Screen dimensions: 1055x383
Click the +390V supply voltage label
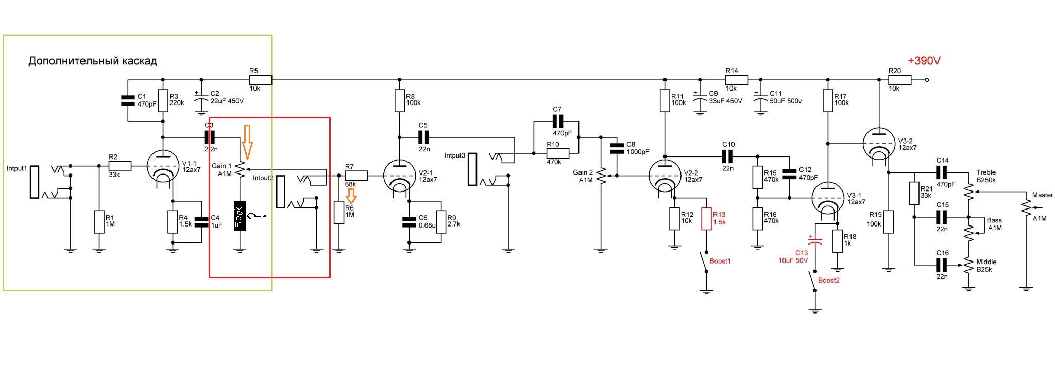(x=924, y=61)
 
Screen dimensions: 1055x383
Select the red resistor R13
(x=706, y=219)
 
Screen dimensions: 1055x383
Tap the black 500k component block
(x=239, y=216)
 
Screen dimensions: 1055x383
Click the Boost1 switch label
(x=720, y=261)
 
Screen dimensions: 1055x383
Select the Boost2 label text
(x=829, y=280)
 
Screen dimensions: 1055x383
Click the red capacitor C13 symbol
(x=815, y=240)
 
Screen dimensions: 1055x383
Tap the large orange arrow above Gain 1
(x=247, y=142)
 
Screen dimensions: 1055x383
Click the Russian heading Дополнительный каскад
(x=93, y=61)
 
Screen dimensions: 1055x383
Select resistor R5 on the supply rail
(x=260, y=80)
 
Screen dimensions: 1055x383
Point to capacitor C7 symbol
(x=557, y=121)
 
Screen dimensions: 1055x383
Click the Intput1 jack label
(x=16, y=168)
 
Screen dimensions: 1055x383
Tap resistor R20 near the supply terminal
(x=900, y=80)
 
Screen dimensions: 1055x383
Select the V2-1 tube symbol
(x=399, y=176)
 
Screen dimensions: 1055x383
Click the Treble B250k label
(x=986, y=177)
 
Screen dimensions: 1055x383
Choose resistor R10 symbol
(x=557, y=153)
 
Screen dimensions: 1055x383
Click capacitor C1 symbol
(x=128, y=100)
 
